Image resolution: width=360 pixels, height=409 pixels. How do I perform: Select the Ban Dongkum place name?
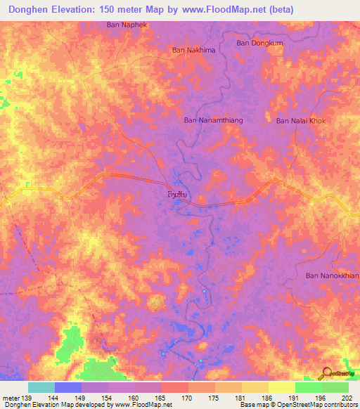[x=255, y=43]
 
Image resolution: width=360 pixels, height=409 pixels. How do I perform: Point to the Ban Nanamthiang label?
[x=213, y=121]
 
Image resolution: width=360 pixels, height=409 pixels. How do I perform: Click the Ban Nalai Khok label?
[x=301, y=121]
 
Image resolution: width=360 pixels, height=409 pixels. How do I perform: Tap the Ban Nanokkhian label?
[x=332, y=275]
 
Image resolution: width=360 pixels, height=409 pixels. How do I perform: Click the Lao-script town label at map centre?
[x=179, y=193]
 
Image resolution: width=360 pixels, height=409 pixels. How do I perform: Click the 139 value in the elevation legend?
[x=28, y=397]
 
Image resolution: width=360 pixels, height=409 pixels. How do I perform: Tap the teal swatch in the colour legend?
[x=41, y=387]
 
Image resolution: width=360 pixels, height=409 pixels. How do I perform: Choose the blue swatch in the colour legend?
[x=67, y=387]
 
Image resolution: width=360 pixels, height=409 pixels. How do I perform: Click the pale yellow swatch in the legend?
[x=281, y=387]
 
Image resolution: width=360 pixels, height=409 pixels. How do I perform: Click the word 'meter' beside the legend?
[x=11, y=397]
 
